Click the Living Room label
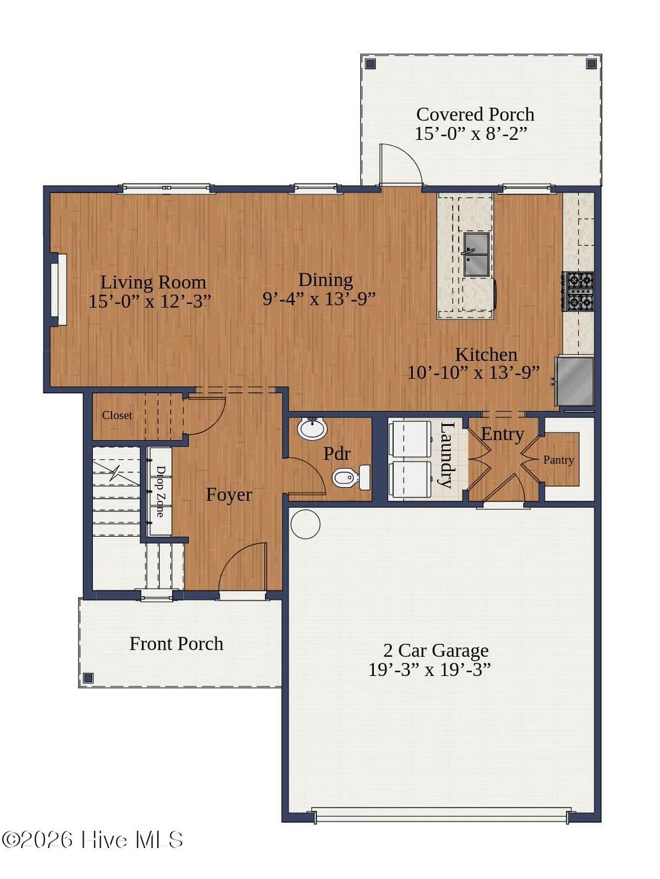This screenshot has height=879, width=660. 153,282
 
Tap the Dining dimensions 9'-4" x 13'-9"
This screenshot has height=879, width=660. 318,299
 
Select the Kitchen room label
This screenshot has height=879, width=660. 486,354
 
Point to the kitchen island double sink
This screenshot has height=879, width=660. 476,254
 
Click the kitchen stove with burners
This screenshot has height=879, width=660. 578,291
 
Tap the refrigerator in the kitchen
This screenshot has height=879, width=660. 576,382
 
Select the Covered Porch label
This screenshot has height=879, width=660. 475,114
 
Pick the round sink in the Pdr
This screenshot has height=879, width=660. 313,428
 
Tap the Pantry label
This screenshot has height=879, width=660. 558,459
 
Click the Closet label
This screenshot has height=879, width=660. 117,416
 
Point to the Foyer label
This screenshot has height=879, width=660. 228,495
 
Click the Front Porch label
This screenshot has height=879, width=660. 176,644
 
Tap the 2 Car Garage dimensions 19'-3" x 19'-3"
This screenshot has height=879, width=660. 429,670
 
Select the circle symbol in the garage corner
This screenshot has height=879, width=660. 305,524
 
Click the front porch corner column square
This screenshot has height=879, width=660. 88,678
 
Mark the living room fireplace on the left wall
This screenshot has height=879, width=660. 57,289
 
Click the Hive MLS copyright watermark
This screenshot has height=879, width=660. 93,840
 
